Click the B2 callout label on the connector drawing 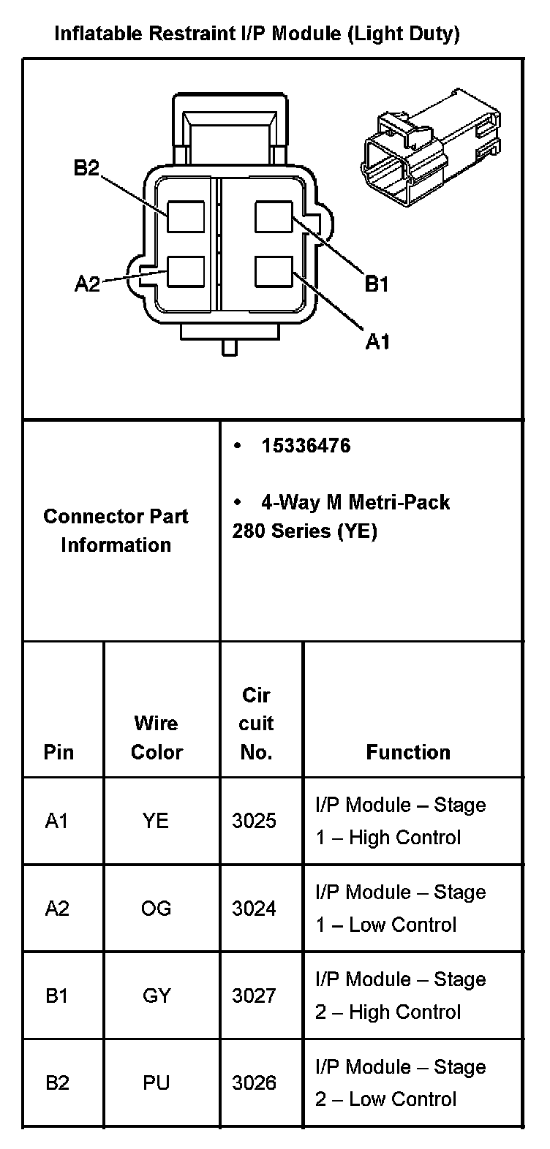tap(86, 168)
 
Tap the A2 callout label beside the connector tap(88, 284)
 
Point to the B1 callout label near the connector tap(377, 284)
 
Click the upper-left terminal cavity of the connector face tap(185, 216)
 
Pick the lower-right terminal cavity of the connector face tap(274, 272)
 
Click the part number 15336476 tap(306, 446)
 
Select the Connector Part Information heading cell tap(116, 531)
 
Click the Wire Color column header tap(157, 737)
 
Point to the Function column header tap(408, 752)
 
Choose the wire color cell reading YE tap(156, 821)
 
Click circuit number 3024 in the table tap(255, 908)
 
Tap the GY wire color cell tap(157, 996)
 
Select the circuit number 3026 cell tap(255, 1082)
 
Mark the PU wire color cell tap(157, 1082)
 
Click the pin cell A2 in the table tap(57, 908)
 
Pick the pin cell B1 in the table tap(57, 996)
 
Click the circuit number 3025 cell tap(255, 821)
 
